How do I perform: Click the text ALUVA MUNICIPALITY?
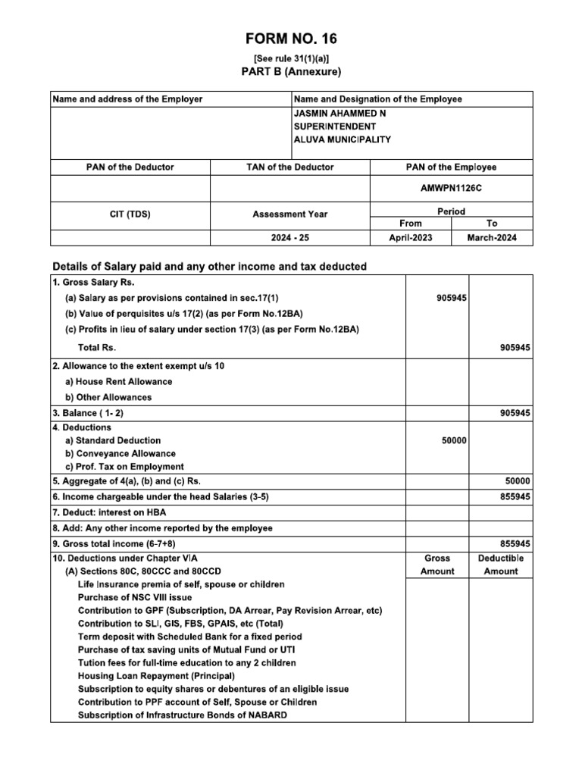(342, 139)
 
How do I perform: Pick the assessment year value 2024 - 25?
(289, 238)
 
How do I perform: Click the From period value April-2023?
(410, 238)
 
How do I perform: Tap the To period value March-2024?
(493, 238)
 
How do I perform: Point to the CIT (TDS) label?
(130, 214)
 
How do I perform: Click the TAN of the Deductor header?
(289, 167)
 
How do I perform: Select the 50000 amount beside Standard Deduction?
(454, 440)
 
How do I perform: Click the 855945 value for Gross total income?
(515, 544)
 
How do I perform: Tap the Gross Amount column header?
(437, 565)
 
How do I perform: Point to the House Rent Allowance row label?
(118, 381)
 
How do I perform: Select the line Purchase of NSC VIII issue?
(134, 597)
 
